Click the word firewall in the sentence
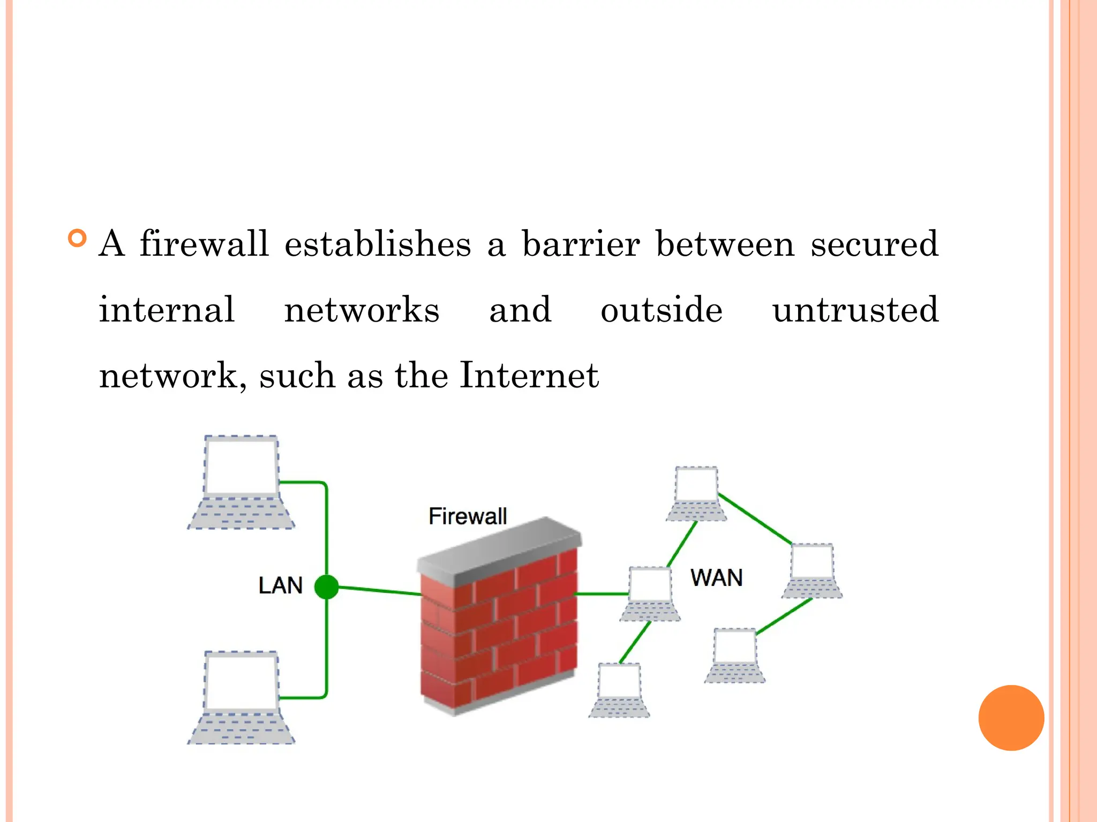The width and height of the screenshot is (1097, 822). (204, 244)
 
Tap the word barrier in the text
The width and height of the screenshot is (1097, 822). (581, 244)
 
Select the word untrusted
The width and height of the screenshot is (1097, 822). (855, 310)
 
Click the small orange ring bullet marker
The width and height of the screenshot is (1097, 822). (78, 238)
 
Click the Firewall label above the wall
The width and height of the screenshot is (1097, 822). (467, 516)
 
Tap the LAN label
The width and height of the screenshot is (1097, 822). (280, 585)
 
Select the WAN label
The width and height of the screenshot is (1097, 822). (716, 578)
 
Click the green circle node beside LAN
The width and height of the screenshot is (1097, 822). (326, 587)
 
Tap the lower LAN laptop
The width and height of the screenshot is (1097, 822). (241, 698)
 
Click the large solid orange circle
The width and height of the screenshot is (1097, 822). (1011, 718)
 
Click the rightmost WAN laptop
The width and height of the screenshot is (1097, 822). (812, 570)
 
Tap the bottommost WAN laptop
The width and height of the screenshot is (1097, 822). (619, 690)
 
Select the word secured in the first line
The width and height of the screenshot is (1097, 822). (874, 244)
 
